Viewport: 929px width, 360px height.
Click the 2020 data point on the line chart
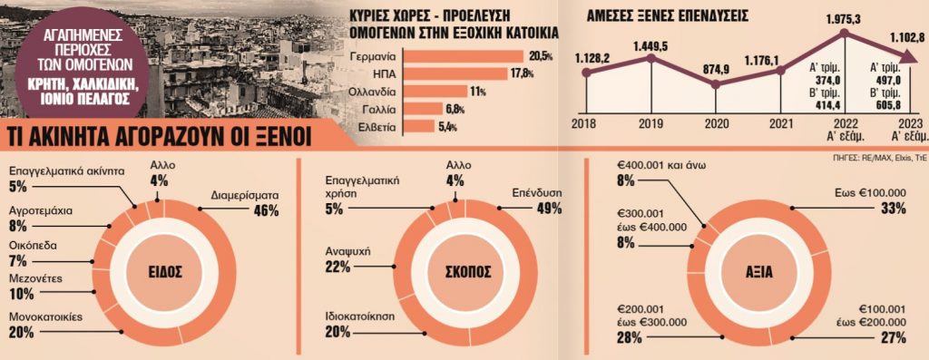(716, 84)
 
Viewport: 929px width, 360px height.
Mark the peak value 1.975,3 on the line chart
(845, 17)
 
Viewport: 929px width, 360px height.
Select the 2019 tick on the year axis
(650, 123)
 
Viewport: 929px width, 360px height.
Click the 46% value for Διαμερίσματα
(265, 210)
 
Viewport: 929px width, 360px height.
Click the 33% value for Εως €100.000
(893, 209)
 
